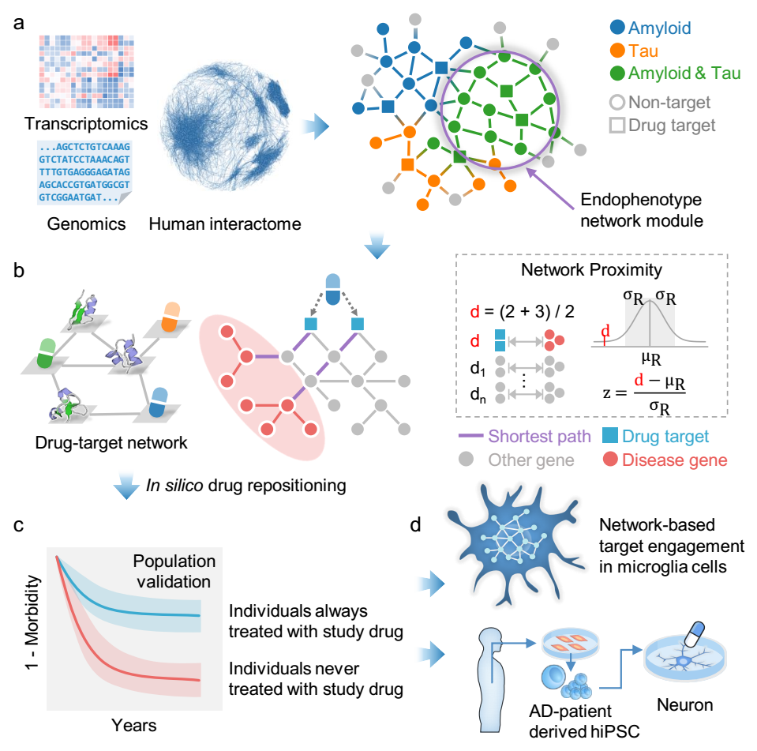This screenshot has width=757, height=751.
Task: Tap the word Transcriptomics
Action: point(86,123)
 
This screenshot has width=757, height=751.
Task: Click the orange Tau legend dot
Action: point(616,51)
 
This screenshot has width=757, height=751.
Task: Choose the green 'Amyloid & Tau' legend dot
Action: point(616,74)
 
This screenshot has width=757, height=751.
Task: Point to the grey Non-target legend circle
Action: point(616,102)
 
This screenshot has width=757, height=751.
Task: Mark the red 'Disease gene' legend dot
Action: point(609,458)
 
